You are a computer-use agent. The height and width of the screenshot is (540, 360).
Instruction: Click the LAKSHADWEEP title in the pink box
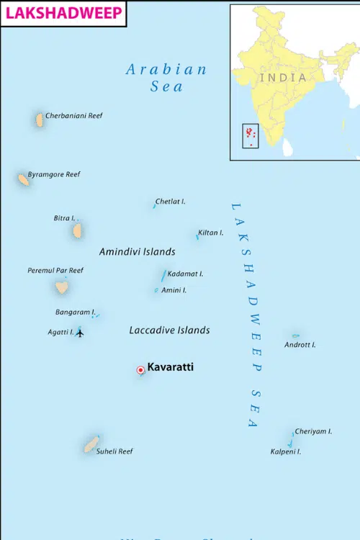63,13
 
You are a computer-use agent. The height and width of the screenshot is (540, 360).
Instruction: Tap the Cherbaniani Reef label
73,115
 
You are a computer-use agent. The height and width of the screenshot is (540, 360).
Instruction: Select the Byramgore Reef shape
24,179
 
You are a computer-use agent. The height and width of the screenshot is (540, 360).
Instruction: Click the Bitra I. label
64,217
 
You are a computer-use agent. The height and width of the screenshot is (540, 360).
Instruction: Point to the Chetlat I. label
171,202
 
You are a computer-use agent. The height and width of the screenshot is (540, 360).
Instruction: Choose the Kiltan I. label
211,233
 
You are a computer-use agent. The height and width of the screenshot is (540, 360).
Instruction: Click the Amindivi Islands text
137,252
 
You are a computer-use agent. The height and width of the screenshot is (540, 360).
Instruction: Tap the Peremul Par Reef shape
62,287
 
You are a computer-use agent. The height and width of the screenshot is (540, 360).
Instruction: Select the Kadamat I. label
185,274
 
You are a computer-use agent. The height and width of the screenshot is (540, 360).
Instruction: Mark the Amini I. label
174,289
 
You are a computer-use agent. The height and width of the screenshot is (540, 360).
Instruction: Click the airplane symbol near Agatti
80,333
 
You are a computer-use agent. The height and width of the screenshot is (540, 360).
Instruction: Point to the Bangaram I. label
74,312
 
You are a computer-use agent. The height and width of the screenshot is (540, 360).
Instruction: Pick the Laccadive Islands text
169,330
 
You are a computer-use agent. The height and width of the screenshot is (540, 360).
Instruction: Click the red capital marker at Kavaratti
140,370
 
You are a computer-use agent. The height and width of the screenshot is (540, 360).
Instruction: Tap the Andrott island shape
295,336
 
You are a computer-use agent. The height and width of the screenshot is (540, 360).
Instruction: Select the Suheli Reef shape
91,444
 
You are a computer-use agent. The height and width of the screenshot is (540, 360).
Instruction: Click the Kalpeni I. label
285,451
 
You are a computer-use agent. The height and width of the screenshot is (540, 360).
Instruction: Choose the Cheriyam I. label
313,431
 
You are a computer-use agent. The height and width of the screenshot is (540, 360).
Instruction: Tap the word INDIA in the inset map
282,77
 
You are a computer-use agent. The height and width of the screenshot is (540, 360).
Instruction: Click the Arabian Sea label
166,78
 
